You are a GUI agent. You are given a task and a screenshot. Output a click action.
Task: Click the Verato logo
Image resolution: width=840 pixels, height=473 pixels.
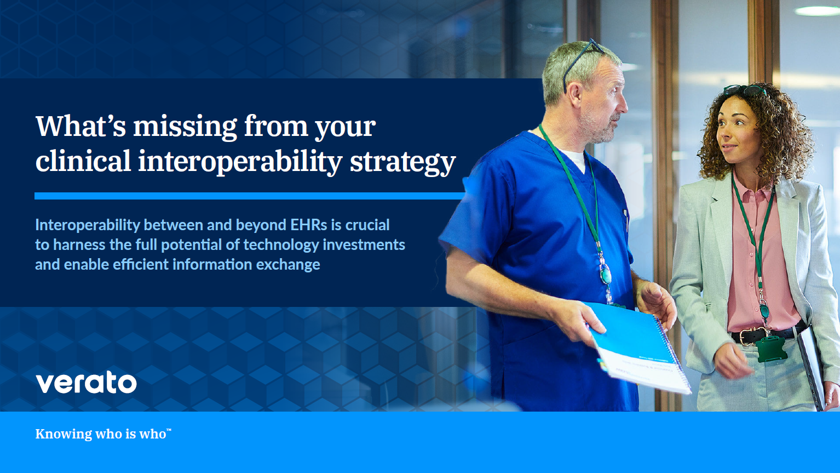[87, 383]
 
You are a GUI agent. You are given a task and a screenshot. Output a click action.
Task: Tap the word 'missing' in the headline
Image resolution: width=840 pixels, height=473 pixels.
[185, 128]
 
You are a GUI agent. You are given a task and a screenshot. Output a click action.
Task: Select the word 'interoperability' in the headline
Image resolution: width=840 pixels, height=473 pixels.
[240, 162]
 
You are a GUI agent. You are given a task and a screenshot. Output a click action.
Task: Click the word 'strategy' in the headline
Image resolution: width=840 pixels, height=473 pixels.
[402, 163]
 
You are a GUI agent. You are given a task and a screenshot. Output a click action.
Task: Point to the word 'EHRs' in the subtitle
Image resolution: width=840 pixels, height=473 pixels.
[309, 225]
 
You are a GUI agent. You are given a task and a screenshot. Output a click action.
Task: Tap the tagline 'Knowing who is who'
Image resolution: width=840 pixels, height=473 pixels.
[103, 434]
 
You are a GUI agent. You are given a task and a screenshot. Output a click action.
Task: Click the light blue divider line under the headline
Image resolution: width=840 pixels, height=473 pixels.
[249, 196]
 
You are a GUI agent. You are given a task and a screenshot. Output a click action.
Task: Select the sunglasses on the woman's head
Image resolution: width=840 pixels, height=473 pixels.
[744, 90]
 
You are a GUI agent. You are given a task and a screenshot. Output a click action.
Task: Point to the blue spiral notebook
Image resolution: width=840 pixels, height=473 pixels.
[640, 347]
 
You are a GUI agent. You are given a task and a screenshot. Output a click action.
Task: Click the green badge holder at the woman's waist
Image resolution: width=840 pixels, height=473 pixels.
[770, 349]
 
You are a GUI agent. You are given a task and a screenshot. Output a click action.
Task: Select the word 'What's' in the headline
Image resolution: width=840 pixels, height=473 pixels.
[81, 126]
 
